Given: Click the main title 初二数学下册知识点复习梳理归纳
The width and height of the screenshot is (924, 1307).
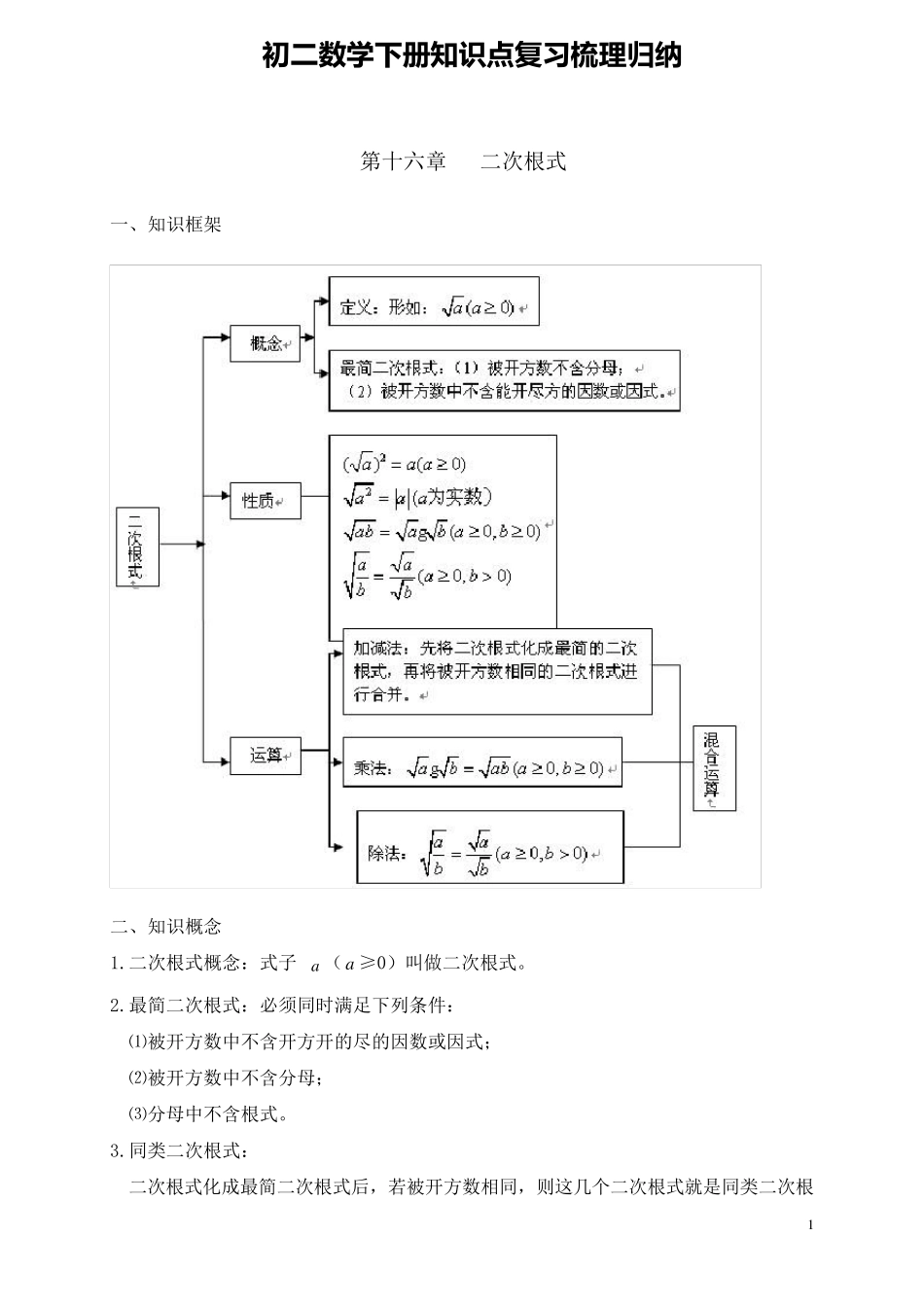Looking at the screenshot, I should click(x=472, y=55).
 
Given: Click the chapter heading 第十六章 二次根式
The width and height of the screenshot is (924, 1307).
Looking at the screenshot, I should click(x=463, y=161).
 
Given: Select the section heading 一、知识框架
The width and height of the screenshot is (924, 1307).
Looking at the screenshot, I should click(x=166, y=225).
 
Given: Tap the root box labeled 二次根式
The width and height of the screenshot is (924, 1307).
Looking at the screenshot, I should click(x=137, y=546).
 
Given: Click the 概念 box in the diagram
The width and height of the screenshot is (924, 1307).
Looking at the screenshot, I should click(x=265, y=343).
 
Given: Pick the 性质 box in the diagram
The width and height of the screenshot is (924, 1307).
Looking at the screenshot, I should click(x=265, y=501).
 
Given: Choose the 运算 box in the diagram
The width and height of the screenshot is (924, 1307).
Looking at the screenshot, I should click(x=265, y=755).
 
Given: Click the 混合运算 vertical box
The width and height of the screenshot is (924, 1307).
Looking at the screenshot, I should click(x=714, y=767).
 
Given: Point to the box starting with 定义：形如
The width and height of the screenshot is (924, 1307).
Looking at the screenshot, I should click(x=434, y=308).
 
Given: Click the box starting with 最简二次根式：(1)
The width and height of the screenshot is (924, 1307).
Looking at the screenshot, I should click(x=504, y=380).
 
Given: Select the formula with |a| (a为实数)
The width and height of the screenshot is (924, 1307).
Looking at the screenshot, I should click(x=418, y=497).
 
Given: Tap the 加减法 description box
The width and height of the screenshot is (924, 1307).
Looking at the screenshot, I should click(x=496, y=671).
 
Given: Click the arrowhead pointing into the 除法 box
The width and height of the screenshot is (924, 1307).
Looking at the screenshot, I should click(x=338, y=848).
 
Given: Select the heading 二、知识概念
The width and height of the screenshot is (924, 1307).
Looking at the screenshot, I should click(x=166, y=926).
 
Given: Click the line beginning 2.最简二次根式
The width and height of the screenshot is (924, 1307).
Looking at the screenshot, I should click(x=281, y=1004).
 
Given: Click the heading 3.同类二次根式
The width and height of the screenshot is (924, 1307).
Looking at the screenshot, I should click(x=180, y=1150).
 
